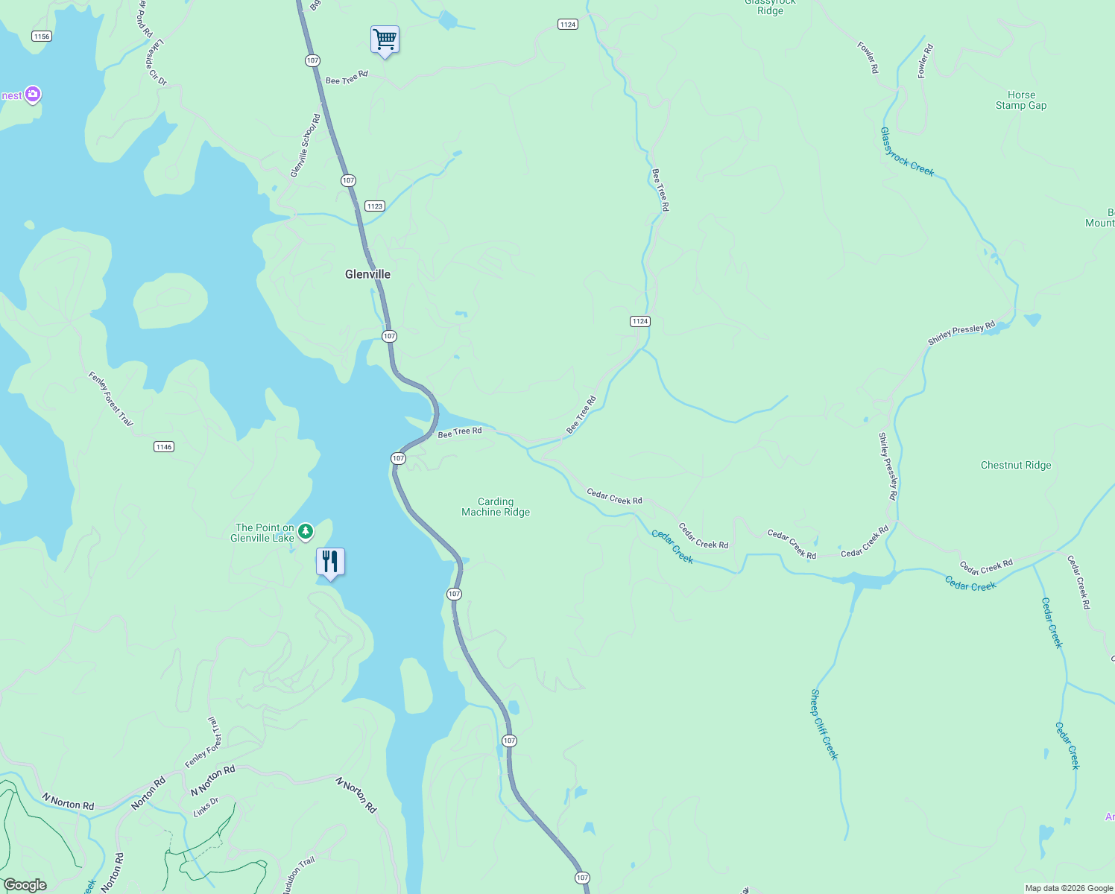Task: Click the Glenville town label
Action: (367, 274)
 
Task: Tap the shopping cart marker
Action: (385, 39)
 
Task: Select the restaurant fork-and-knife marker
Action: (330, 562)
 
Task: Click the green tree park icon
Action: (305, 532)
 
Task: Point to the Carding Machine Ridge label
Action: (496, 507)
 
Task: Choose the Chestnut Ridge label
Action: (1016, 465)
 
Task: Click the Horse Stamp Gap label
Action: (1021, 101)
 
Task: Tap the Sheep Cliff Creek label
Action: (824, 724)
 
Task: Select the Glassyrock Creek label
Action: (907, 152)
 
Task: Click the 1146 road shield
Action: (164, 447)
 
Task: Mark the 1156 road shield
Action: (42, 37)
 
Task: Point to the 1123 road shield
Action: (374, 206)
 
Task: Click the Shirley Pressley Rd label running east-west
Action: (961, 333)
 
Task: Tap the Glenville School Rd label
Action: (306, 146)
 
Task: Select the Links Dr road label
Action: (206, 807)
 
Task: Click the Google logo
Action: (25, 885)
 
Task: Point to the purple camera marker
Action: (32, 95)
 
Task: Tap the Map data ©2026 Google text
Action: (1069, 888)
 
